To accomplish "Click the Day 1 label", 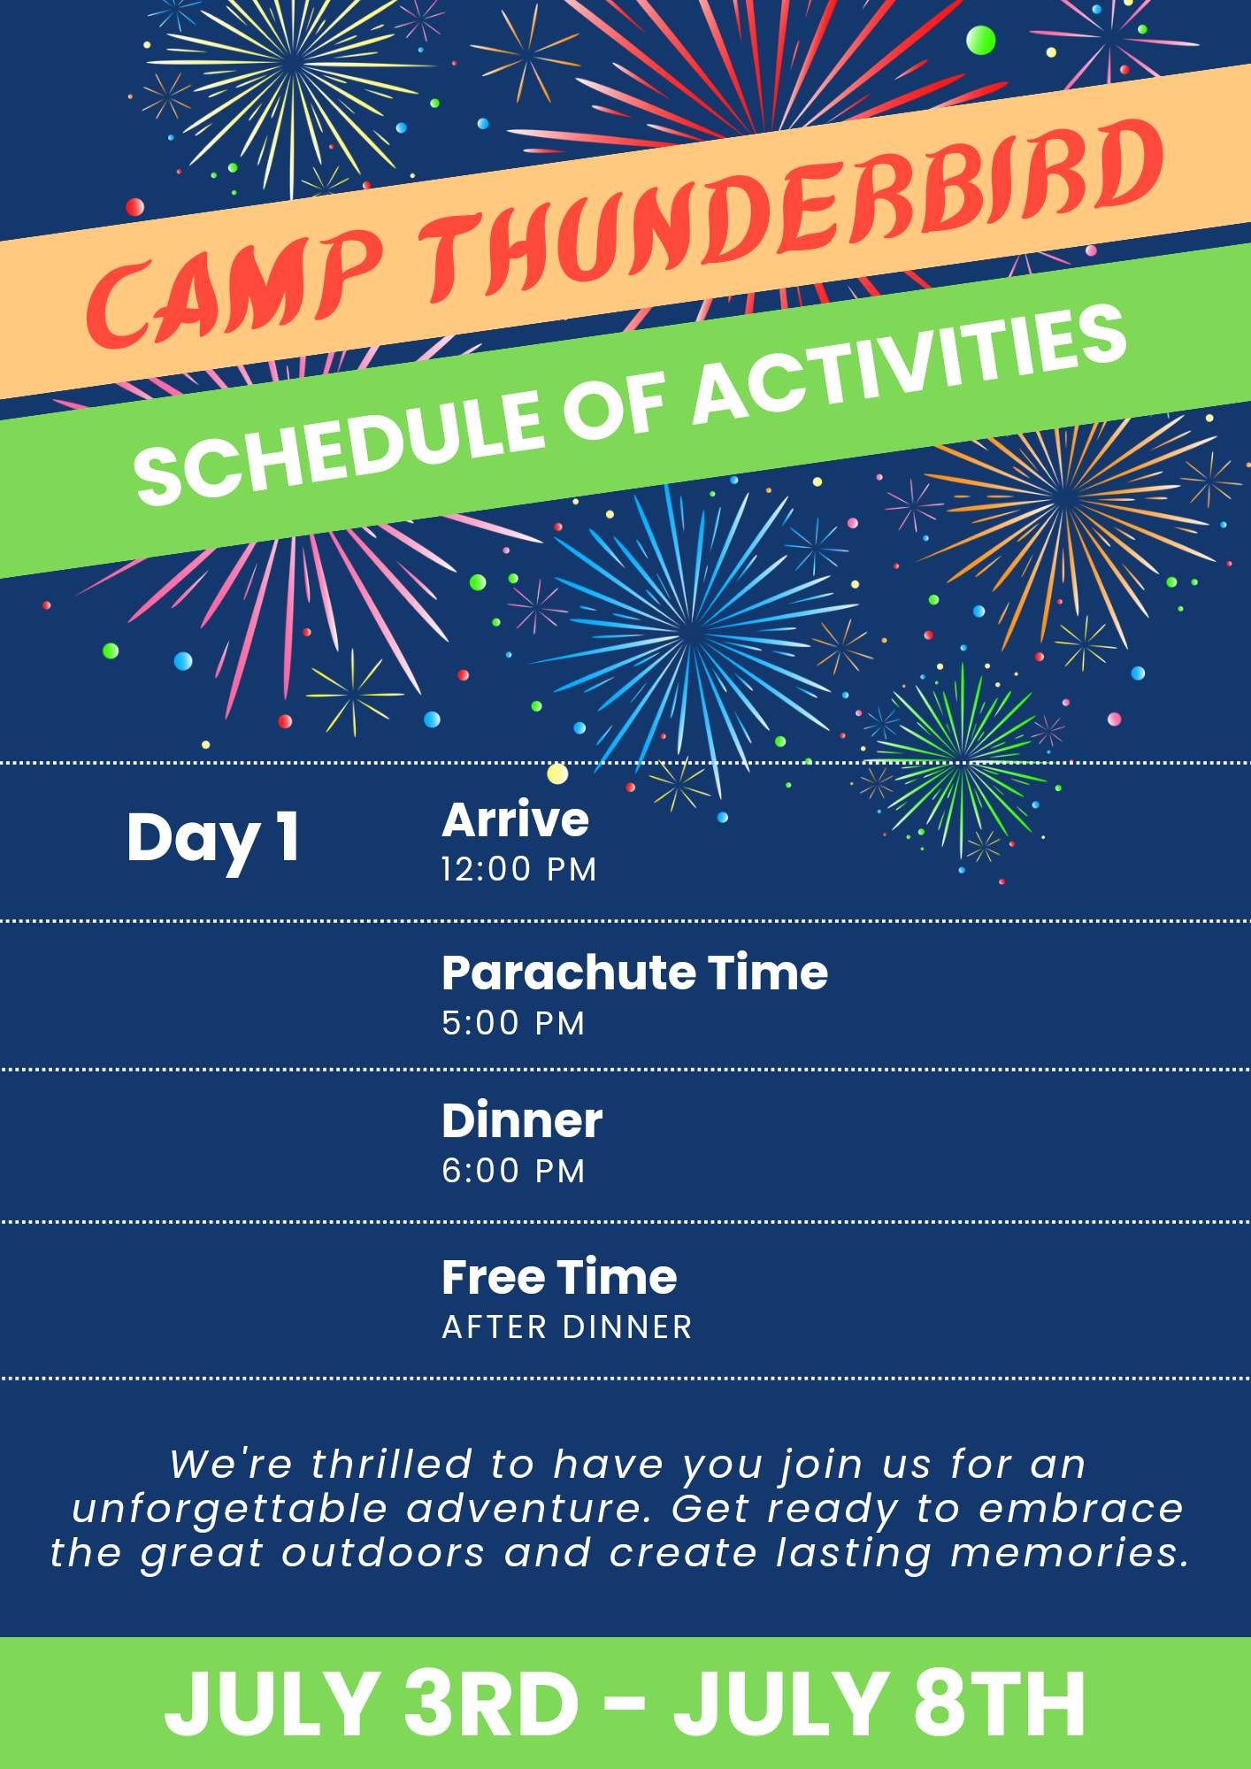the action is [213, 838].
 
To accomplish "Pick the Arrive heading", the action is [515, 819].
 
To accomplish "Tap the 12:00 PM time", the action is [519, 869].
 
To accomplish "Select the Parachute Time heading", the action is [635, 973].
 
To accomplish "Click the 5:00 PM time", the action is [513, 1023].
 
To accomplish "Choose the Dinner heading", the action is [522, 1121].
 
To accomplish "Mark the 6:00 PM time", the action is [513, 1171].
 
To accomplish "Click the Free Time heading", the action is [559, 1277].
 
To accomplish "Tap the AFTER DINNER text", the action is [567, 1327].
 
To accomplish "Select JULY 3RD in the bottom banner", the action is [372, 1704].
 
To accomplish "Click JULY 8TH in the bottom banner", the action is [879, 1704].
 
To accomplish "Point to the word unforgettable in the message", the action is [230, 1509].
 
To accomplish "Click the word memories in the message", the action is [1070, 1553].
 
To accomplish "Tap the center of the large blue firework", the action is [692, 631].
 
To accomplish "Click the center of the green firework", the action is [963, 759].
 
